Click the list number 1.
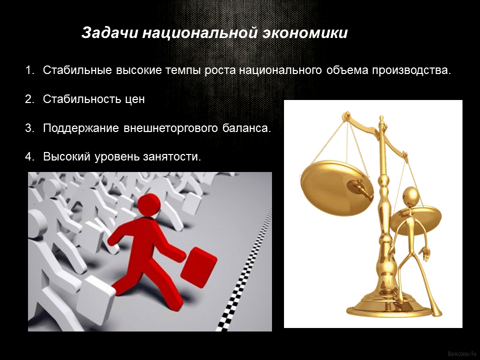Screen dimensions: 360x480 pyautogui.click(x=28, y=70)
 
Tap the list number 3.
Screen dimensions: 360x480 pyautogui.click(x=28, y=128)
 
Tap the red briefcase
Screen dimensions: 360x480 pyautogui.click(x=198, y=267)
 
